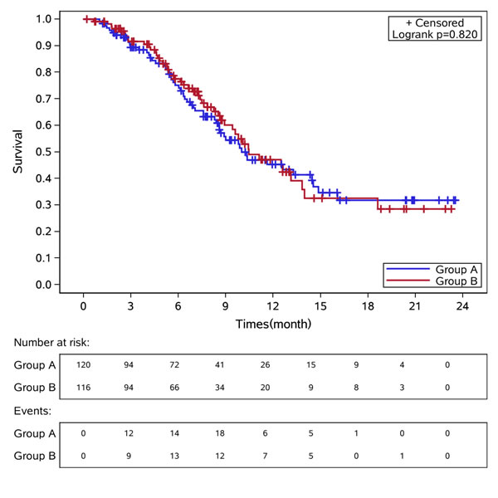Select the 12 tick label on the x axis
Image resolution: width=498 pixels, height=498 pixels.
(x=272, y=305)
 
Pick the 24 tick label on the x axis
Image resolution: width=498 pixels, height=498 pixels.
(x=462, y=305)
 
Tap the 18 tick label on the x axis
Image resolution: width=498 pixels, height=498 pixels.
(x=367, y=305)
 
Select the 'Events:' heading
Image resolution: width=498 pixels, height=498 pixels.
(x=34, y=410)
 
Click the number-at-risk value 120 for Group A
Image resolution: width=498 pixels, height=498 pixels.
(x=83, y=365)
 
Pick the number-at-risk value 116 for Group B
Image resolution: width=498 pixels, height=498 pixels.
(x=83, y=387)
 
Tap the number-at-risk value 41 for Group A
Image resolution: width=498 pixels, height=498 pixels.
(x=225, y=365)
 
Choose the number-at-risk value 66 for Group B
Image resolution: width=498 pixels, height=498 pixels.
(x=178, y=387)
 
